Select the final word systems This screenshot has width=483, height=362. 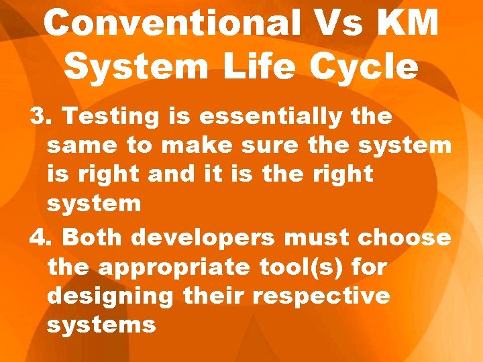click(x=102, y=324)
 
